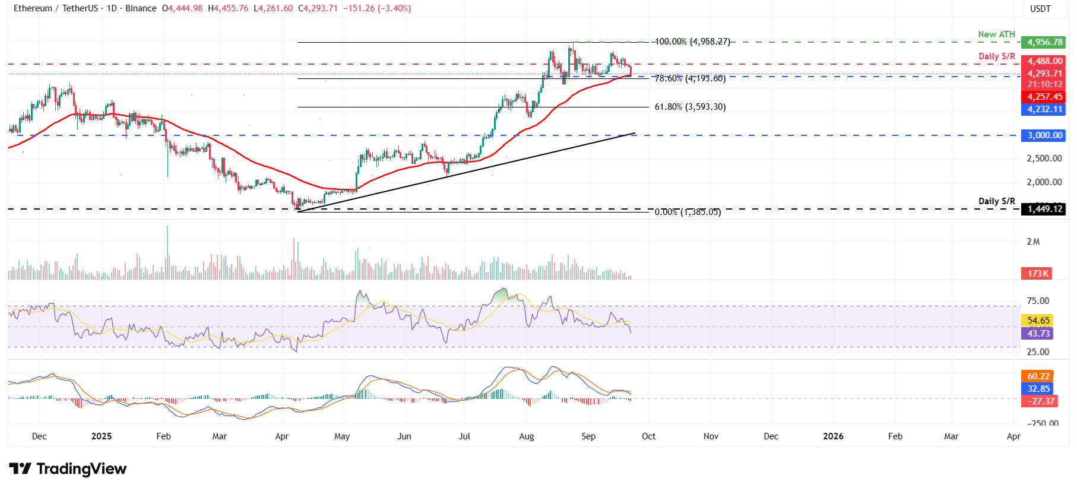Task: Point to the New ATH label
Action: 996,34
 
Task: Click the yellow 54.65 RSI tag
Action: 1038,321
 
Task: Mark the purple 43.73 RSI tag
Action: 1038,334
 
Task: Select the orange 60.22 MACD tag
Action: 1038,376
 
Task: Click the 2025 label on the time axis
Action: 102,436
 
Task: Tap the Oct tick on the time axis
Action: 648,436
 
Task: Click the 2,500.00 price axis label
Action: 1044,159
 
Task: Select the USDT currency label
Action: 1040,9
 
